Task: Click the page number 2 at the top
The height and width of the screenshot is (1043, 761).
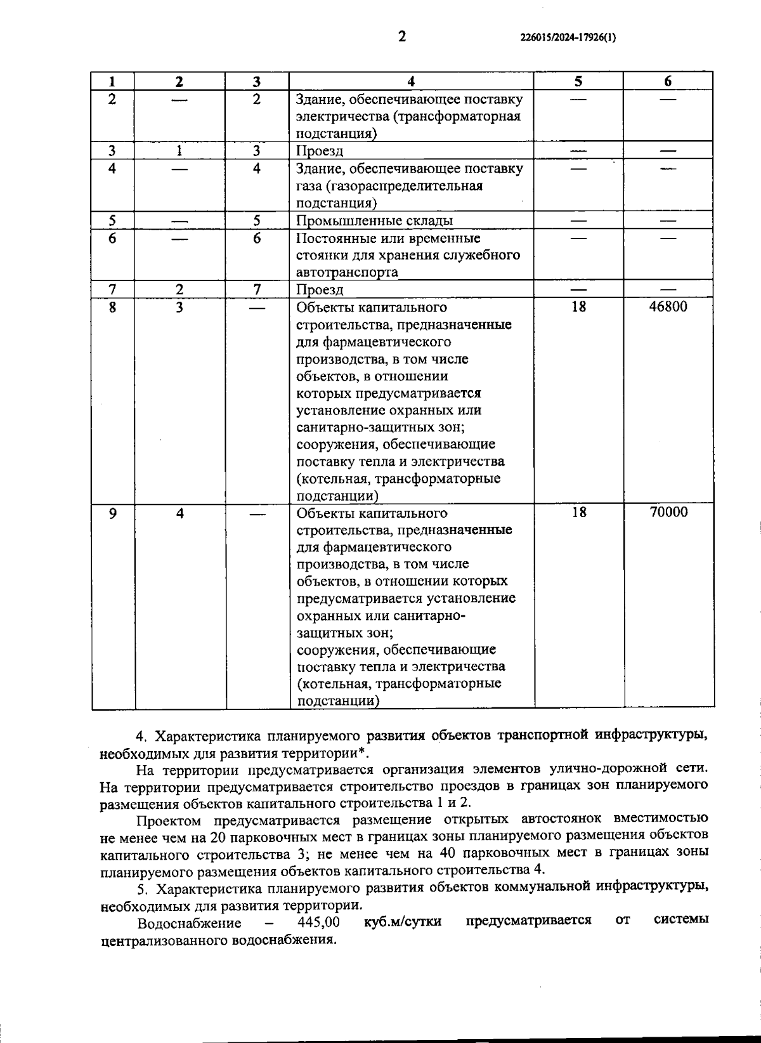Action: [401, 37]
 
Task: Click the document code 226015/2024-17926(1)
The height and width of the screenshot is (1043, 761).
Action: [568, 37]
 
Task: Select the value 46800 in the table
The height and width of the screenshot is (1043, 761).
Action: [668, 307]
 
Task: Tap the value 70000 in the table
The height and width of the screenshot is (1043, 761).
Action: [668, 513]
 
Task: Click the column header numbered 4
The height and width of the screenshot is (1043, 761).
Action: [411, 81]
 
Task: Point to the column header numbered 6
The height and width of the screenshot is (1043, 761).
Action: [668, 81]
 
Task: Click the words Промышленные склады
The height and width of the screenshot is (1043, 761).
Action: [375, 221]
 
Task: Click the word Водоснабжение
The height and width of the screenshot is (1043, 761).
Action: [189, 922]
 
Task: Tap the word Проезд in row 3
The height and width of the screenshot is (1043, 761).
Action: [320, 151]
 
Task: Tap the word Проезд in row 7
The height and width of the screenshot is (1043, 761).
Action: [320, 290]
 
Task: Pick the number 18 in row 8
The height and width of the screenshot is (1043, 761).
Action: [578, 307]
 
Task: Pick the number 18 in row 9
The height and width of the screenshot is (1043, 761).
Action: [578, 513]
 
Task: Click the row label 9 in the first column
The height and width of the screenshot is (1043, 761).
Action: [112, 513]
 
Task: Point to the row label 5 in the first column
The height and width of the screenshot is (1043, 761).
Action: [112, 221]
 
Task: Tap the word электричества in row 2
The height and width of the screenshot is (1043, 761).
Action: [337, 117]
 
